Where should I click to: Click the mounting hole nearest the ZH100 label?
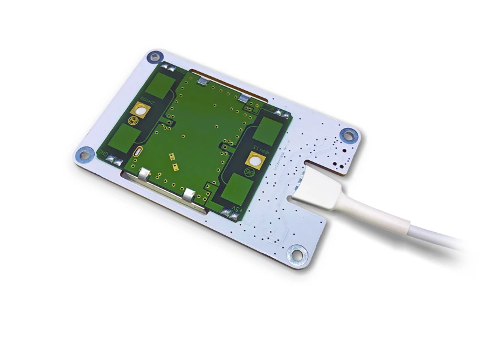(x=155, y=58)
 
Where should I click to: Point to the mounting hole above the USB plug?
(x=347, y=136)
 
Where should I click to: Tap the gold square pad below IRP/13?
(x=254, y=160)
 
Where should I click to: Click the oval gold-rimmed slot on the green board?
(x=139, y=152)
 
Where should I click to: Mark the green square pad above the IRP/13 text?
(x=271, y=130)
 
